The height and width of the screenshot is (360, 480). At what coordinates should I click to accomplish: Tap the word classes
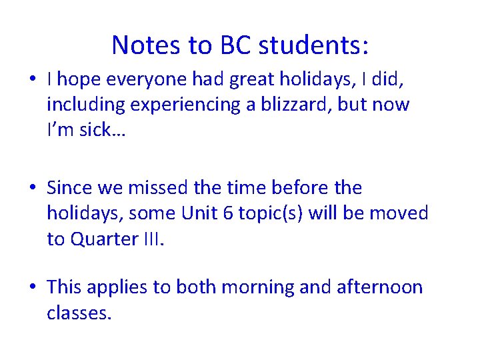point(79,312)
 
